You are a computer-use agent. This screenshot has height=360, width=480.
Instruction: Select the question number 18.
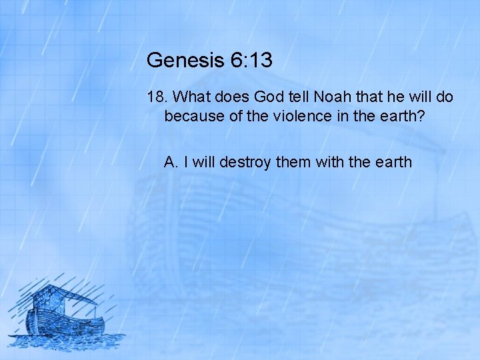tap(155, 97)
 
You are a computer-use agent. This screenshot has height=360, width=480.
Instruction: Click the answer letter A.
tap(170, 162)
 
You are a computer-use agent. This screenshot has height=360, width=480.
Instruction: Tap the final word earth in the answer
tap(393, 162)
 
